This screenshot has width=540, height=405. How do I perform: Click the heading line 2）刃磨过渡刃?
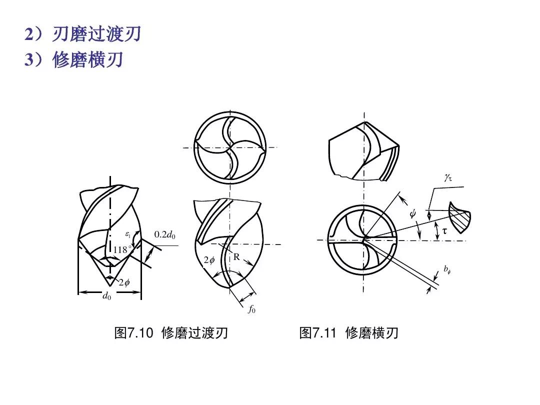coord(83,34)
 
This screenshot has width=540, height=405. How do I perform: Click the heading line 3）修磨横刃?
coord(74,60)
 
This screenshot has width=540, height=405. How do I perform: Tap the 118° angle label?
coord(122,249)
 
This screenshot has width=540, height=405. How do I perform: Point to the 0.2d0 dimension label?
coord(165,234)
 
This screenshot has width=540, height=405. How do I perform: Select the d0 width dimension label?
coord(106,296)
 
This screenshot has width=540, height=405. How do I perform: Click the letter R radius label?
coord(236,257)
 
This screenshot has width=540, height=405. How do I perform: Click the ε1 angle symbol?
coord(127,233)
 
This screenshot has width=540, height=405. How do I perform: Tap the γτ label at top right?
coord(447,176)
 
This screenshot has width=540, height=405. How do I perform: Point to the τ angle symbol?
coord(444,231)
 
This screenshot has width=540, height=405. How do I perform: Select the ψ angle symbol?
coord(412,213)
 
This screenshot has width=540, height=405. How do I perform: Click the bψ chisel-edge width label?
coord(447,269)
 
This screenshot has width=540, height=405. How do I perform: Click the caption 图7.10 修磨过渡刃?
coord(171,333)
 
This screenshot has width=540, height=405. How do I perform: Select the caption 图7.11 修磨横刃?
coord(348,333)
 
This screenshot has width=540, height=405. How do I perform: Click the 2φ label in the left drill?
coord(124,282)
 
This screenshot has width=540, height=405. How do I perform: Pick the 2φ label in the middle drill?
coord(208,260)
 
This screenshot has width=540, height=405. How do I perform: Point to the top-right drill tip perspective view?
coord(364,150)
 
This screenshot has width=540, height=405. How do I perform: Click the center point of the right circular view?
coord(364,239)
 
